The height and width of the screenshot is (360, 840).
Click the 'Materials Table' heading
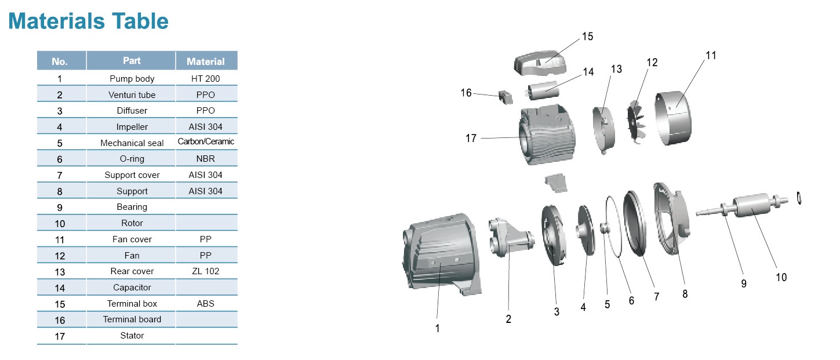tap(89, 21)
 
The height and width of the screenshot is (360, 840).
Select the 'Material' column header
tap(205, 61)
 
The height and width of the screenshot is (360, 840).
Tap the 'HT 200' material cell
tap(205, 79)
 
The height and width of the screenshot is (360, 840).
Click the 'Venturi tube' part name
tap(132, 95)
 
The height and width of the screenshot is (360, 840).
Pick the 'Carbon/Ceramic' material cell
tap(206, 141)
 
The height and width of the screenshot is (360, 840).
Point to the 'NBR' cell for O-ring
tap(205, 159)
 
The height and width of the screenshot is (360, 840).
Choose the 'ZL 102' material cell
tap(205, 271)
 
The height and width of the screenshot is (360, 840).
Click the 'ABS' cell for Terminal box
tap(205, 303)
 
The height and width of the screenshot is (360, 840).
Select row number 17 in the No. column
tap(60, 336)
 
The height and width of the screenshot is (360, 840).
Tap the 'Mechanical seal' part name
tap(132, 143)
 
